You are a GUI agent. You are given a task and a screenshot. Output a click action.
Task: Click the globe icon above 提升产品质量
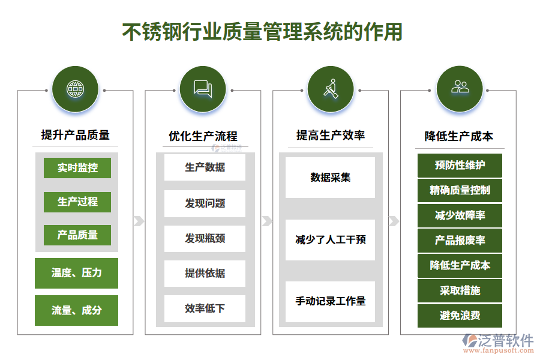click(75, 90)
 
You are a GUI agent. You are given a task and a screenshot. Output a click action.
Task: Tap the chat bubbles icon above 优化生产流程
click(203, 90)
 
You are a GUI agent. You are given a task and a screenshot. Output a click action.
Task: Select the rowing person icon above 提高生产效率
click(331, 90)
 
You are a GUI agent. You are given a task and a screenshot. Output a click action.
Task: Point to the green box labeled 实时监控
click(77, 168)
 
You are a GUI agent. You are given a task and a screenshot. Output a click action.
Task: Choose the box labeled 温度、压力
click(76, 273)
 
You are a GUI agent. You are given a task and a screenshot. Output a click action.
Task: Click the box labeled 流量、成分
click(76, 310)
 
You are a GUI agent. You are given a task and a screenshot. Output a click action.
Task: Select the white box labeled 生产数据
click(205, 167)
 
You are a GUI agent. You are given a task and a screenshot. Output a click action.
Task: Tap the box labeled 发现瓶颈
click(205, 238)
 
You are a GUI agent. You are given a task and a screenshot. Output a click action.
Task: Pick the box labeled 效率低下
click(205, 308)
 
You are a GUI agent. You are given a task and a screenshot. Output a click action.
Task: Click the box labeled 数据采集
click(330, 178)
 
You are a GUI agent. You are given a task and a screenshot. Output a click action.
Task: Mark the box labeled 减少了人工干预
click(330, 240)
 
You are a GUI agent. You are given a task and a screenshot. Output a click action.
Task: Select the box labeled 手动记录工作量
click(330, 301)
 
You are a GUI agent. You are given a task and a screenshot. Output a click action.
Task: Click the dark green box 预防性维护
click(460, 165)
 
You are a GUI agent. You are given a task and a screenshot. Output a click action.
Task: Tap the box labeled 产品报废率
click(460, 241)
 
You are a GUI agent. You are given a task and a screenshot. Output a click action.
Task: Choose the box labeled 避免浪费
click(460, 316)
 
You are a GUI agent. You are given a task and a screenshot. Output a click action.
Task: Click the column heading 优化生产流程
click(203, 136)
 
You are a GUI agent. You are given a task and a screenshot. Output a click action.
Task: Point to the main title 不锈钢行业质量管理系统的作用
click(262, 31)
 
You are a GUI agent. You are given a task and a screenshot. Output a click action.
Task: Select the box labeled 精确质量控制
click(460, 190)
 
